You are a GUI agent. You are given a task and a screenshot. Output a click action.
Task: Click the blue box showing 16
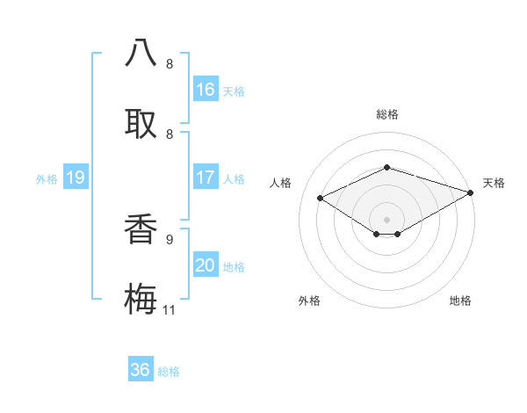pos(206,90)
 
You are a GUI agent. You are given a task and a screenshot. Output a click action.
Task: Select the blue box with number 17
pos(206,178)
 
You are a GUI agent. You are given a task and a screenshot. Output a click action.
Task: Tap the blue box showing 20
pos(206,265)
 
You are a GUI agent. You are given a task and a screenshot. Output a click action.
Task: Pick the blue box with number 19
pos(76,178)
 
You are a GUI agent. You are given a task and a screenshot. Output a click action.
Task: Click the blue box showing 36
pos(141,370)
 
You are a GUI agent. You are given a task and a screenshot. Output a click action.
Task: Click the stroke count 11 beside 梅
pos(170,309)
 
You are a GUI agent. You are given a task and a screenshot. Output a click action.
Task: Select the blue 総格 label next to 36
pos(169,372)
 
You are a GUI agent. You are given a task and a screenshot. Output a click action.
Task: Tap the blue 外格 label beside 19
pos(47,179)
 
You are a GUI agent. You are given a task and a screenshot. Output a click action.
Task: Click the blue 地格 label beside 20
pos(234,267)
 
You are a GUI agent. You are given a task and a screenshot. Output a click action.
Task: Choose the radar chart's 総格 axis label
pos(386,114)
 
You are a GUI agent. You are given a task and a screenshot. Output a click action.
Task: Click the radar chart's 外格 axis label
pos(309,301)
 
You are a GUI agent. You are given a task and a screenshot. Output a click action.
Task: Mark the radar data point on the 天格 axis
pos(472,192)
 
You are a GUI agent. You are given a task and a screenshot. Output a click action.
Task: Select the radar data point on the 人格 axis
pos(321,199)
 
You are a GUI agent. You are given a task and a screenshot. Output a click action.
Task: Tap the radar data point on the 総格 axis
pos(386,167)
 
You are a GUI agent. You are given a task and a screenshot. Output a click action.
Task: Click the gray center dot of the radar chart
pos(386,219)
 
